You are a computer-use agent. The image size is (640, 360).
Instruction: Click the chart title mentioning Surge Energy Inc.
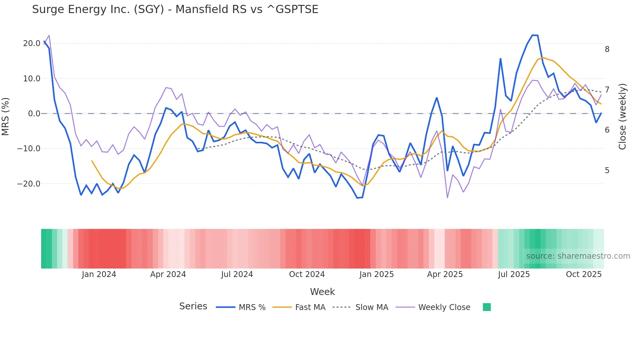[175, 9]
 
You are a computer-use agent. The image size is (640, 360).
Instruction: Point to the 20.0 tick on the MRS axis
[32, 43]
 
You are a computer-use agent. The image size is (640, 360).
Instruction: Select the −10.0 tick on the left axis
[29, 149]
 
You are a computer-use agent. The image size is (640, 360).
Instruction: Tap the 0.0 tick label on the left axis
[34, 114]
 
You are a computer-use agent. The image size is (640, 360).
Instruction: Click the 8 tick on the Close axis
[607, 49]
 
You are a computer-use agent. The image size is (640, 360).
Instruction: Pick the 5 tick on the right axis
[607, 171]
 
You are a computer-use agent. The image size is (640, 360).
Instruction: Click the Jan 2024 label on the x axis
[99, 274]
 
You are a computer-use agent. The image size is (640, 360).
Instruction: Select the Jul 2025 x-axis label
[514, 274]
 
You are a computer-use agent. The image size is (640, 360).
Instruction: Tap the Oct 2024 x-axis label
[307, 274]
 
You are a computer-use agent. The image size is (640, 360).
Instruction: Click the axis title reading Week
[322, 292]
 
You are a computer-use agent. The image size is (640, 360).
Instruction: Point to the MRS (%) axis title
[6, 117]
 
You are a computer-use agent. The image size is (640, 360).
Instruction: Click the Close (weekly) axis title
[622, 117]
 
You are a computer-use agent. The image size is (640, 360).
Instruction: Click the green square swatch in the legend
[487, 307]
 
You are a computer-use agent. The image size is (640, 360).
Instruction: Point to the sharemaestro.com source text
[578, 256]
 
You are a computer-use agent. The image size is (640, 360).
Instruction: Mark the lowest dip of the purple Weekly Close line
[447, 198]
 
